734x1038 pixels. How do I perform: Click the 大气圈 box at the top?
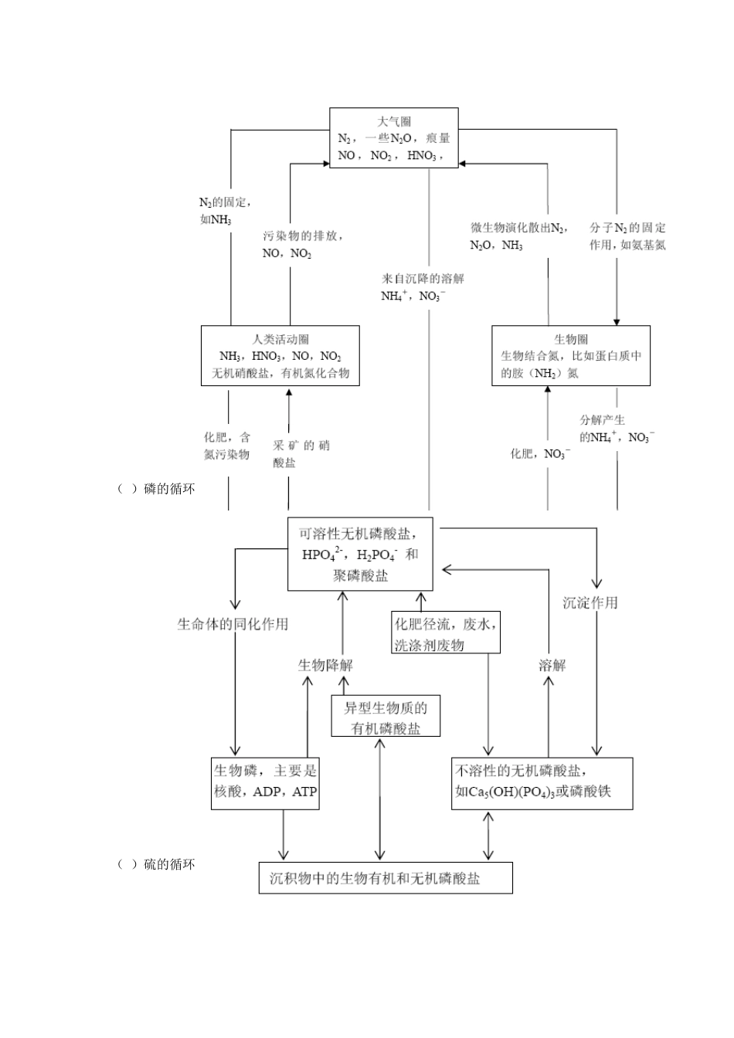pos(393,138)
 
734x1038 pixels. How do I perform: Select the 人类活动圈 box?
pos(280,356)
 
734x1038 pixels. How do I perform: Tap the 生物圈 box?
pos(570,355)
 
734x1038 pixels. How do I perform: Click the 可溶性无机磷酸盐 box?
pos(360,554)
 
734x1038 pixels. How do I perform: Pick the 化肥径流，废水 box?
pos(446,633)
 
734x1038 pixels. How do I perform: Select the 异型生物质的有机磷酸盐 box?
pos(386,717)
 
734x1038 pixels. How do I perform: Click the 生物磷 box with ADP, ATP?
pos(265,782)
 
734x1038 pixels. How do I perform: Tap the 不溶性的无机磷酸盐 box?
pos(542,782)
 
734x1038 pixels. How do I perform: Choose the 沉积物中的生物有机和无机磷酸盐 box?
pos(386,878)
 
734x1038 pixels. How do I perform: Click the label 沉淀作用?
pos(590,603)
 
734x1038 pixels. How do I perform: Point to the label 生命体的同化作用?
pos(233,624)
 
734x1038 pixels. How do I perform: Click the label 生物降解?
pos(325,665)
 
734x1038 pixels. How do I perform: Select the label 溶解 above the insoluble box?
pos(552,665)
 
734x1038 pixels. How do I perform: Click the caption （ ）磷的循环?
pos(156,489)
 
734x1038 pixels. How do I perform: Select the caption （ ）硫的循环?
pos(156,864)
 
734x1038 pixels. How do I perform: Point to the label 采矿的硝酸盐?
pos(301,453)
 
